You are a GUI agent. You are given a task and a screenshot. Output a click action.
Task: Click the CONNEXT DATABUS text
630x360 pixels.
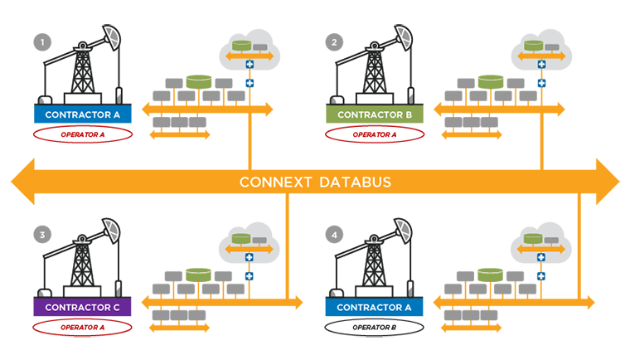click(315, 182)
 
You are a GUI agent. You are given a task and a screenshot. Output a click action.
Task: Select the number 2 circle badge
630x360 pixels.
click(333, 41)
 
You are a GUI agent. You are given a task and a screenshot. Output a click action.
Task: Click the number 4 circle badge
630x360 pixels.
click(333, 235)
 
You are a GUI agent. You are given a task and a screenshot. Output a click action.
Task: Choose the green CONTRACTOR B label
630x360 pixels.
click(375, 114)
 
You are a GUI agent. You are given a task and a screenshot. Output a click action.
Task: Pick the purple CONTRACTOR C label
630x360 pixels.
click(83, 308)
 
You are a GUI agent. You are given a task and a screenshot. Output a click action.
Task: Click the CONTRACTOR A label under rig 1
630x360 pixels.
click(83, 114)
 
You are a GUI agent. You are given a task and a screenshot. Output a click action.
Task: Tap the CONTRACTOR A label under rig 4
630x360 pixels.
click(375, 308)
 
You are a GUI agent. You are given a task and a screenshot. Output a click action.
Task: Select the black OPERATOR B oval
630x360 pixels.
click(375, 327)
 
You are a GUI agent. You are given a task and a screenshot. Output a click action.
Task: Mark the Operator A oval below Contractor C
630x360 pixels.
click(83, 327)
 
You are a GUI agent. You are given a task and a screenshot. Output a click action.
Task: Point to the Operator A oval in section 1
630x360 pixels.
click(83, 134)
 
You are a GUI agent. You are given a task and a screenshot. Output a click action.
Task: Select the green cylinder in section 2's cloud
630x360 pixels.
click(533, 45)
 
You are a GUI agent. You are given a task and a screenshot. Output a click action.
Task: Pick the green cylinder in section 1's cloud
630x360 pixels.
click(241, 45)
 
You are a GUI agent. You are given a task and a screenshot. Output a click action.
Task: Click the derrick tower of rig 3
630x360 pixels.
click(81, 265)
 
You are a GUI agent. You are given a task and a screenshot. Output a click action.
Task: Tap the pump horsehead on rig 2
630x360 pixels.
click(402, 37)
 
